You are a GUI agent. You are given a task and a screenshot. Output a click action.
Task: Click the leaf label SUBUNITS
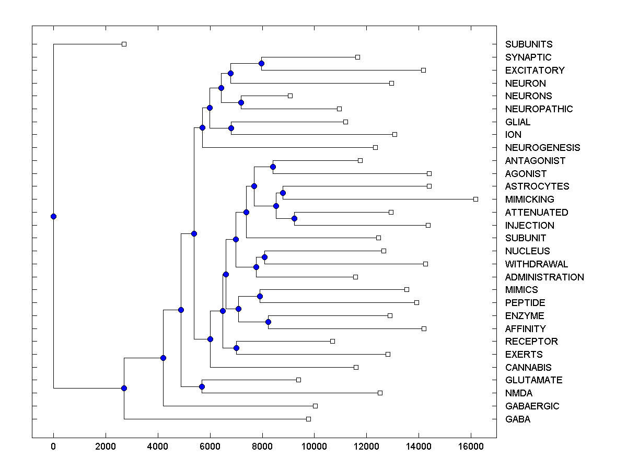tap(529, 44)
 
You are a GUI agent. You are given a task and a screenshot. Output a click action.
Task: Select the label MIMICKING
tap(530, 199)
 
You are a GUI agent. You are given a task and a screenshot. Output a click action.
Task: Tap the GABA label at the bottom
tap(518, 419)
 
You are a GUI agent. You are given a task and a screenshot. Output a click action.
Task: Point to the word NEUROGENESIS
tap(543, 148)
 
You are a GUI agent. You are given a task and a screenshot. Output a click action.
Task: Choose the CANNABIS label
tap(528, 367)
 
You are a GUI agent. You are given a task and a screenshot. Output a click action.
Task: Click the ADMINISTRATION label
tap(544, 277)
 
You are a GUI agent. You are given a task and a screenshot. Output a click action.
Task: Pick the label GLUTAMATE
tap(534, 380)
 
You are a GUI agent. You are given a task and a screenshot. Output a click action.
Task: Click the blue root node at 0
tap(53, 216)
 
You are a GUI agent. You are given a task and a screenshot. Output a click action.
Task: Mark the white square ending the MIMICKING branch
tap(475, 199)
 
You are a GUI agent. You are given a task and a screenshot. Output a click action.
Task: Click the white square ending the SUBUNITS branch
tap(124, 44)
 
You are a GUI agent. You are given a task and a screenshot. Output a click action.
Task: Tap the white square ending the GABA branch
tap(308, 419)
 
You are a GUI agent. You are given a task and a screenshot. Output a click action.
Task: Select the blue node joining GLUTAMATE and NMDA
tap(202, 386)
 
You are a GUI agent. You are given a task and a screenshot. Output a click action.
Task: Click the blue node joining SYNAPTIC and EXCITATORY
tap(261, 63)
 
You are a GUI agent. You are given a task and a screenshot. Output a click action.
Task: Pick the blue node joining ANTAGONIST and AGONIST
tap(273, 167)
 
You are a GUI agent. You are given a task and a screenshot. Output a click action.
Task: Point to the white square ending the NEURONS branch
tap(290, 96)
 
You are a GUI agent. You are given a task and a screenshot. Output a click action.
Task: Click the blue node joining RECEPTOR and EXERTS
tap(236, 348)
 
